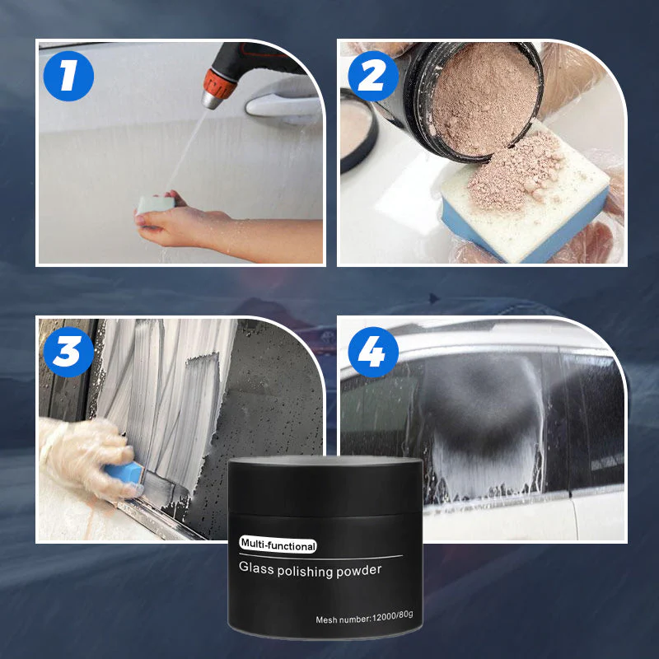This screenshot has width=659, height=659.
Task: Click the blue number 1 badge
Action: (68, 77)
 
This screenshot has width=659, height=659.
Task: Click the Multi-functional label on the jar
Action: (278, 545)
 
